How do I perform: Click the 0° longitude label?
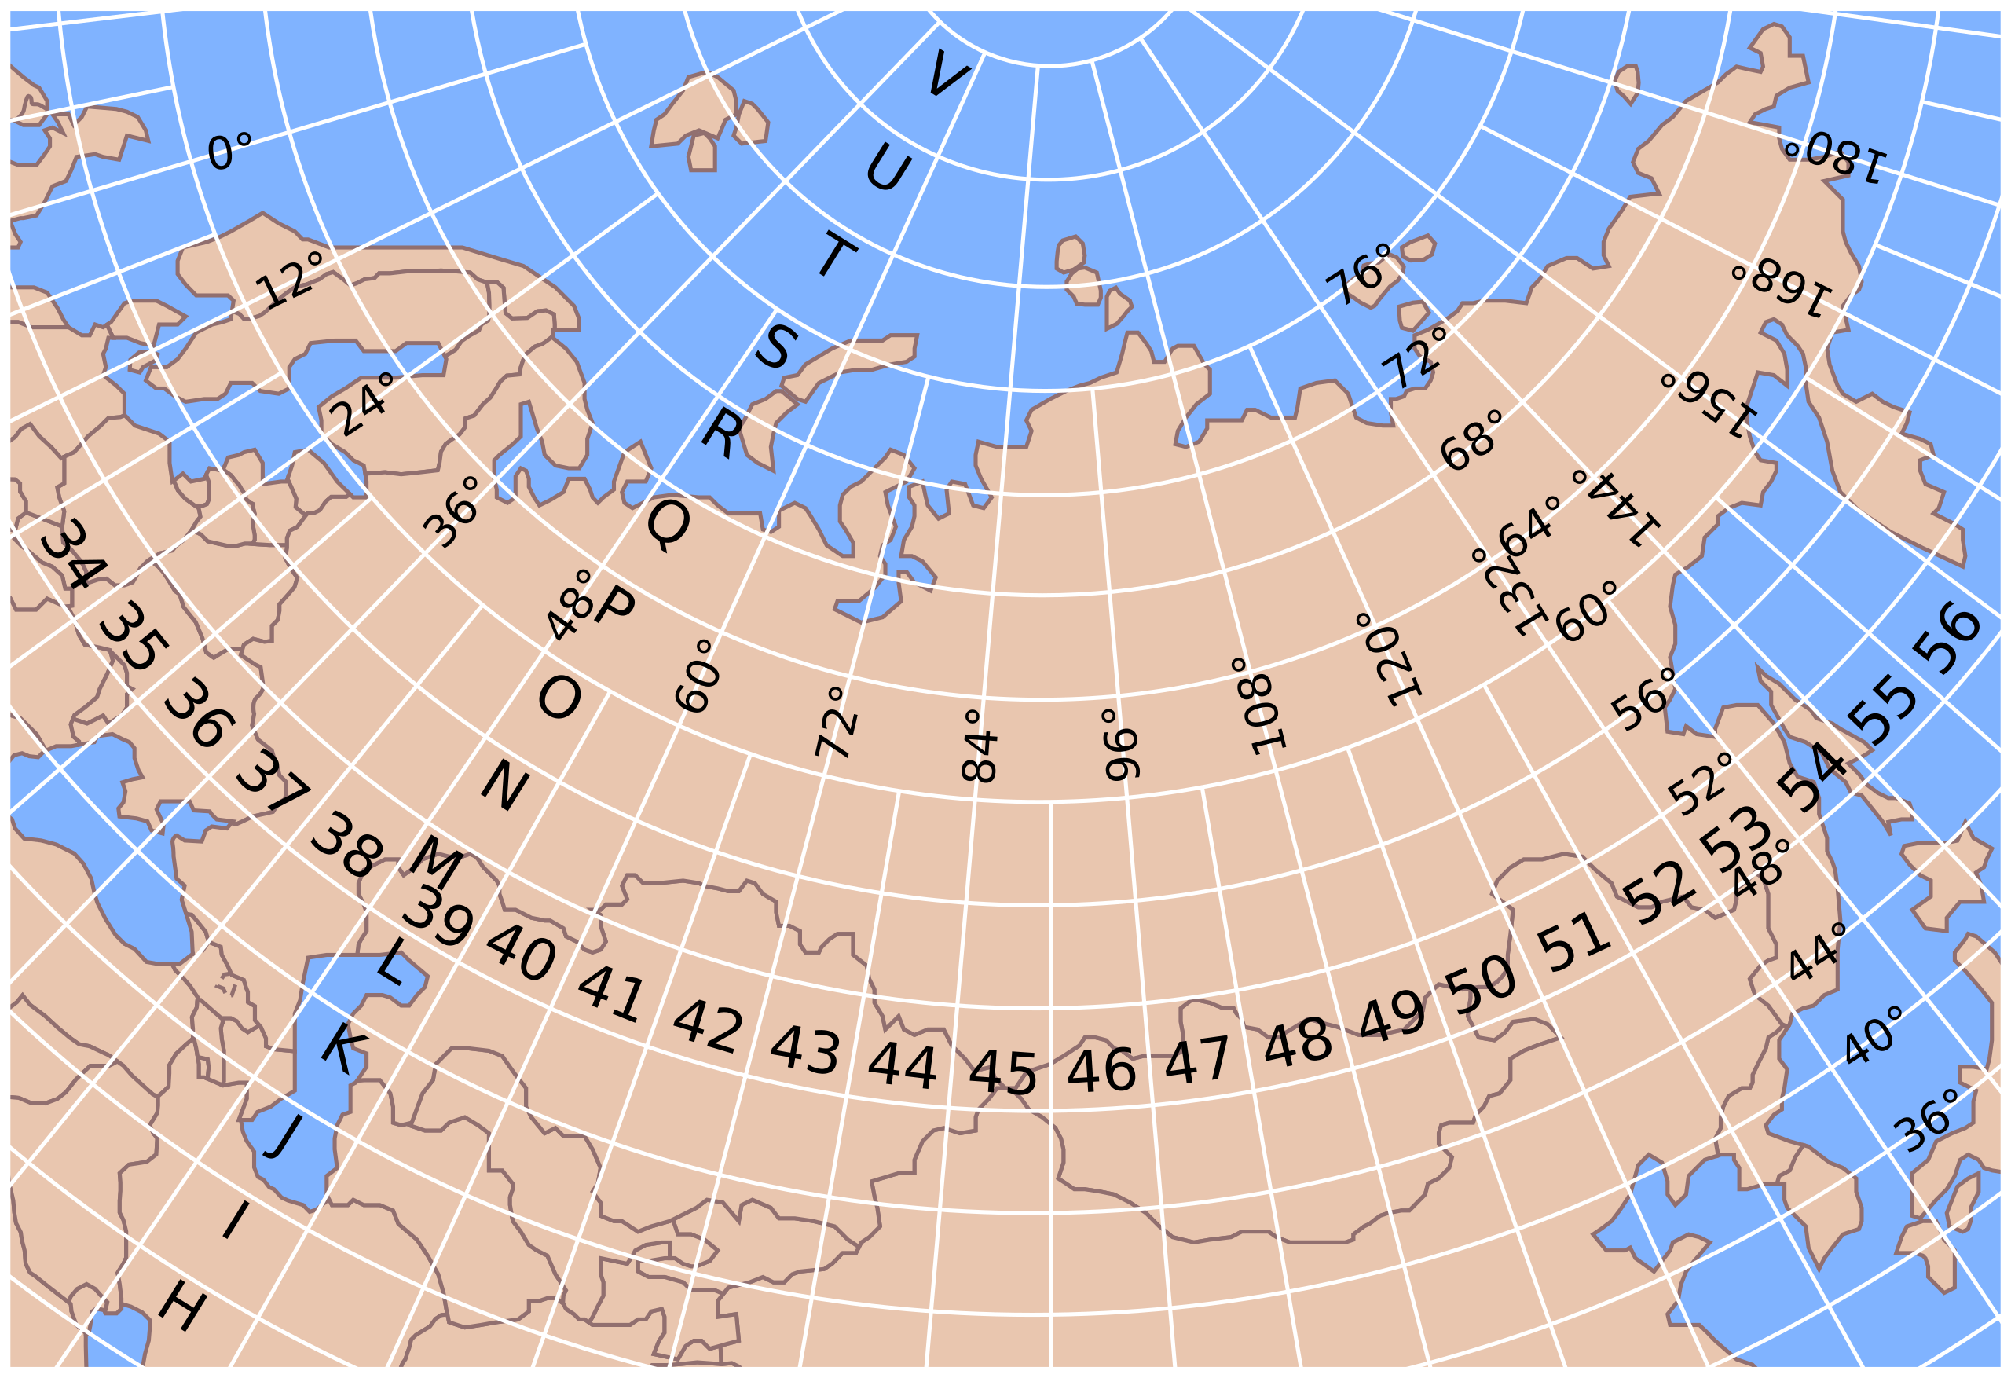230,152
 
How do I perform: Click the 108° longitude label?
1261,705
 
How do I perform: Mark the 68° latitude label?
1471,442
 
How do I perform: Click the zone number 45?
1002,1074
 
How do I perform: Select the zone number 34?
74,554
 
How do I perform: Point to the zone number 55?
1883,709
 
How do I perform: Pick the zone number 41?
611,995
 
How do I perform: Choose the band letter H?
182,1307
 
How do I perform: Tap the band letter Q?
669,525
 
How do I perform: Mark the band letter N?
504,785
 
